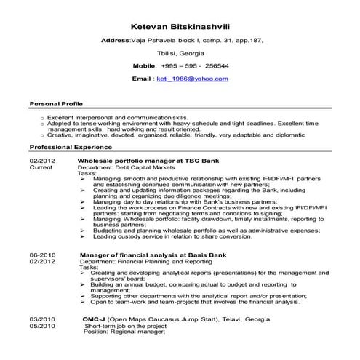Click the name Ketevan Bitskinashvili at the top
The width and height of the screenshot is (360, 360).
(x=180, y=27)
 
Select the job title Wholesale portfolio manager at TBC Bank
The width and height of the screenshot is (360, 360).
(x=143, y=159)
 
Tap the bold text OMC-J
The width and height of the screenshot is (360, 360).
(x=93, y=319)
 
